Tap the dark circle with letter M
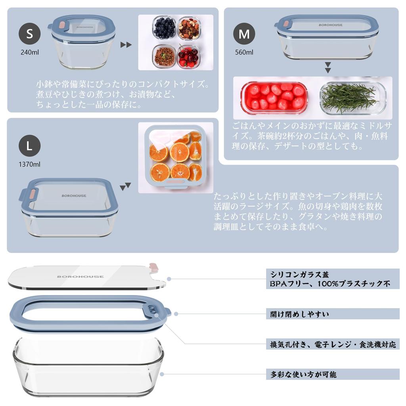[244, 34]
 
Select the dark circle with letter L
[30, 146]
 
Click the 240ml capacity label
[30, 52]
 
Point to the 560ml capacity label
[244, 52]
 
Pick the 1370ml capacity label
[30, 164]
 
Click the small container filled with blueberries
[164, 28]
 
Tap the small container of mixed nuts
[189, 28]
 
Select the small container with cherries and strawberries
[188, 57]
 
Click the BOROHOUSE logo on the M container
[331, 25]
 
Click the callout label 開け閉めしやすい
[299, 314]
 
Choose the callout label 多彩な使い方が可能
[303, 374]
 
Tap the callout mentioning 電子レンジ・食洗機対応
[333, 344]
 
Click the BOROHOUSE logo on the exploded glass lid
[80, 276]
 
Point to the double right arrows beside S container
[126, 44]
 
